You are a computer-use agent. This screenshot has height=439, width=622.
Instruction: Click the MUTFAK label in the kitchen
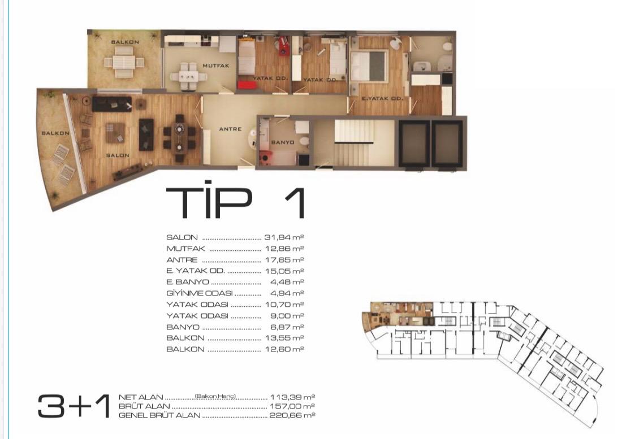tap(216, 66)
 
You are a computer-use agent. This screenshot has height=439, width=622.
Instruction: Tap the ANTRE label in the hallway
tap(231, 129)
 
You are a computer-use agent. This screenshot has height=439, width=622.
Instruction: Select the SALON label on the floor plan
tap(118, 155)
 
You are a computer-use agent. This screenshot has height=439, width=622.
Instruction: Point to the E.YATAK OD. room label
tap(382, 99)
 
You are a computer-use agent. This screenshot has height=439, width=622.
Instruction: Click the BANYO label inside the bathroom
tap(282, 142)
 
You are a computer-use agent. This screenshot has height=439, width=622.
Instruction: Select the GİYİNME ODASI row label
tap(200, 294)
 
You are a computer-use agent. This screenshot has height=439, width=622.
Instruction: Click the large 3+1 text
tap(74, 406)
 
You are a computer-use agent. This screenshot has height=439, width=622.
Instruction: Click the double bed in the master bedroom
tap(369, 66)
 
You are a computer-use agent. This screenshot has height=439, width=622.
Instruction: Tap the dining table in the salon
tap(180, 138)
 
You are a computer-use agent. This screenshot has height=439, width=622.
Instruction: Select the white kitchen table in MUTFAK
tap(187, 75)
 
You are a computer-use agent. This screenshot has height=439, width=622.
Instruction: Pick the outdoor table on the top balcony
tap(124, 62)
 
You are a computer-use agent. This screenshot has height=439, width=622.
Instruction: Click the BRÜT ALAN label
tap(144, 406)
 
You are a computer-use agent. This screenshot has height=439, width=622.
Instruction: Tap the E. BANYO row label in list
tap(188, 282)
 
